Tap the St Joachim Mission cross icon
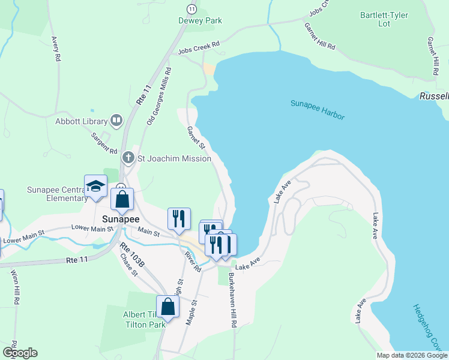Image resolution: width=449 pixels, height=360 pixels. tap(128, 158)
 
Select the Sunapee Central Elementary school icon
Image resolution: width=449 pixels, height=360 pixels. tap(95, 187)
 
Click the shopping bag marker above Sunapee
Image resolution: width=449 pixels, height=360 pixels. tap(122, 200)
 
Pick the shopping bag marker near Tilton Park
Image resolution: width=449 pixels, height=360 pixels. tap(168, 307)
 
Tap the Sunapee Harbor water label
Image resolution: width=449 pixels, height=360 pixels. tap(318, 109)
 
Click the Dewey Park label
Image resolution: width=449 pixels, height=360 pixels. tap(200, 20)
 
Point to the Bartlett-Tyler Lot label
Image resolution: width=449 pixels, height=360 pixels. tap(384, 19)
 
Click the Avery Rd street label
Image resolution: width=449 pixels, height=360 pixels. tap(57, 50)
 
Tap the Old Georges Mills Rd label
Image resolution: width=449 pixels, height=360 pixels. tap(159, 96)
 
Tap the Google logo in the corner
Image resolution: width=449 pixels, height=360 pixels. tap(19, 353)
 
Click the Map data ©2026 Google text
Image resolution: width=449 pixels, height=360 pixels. tap(411, 355)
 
